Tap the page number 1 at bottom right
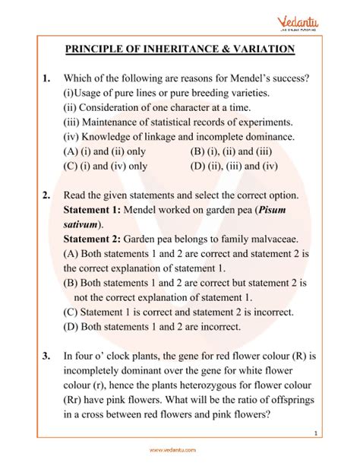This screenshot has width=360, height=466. pos(336,433)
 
